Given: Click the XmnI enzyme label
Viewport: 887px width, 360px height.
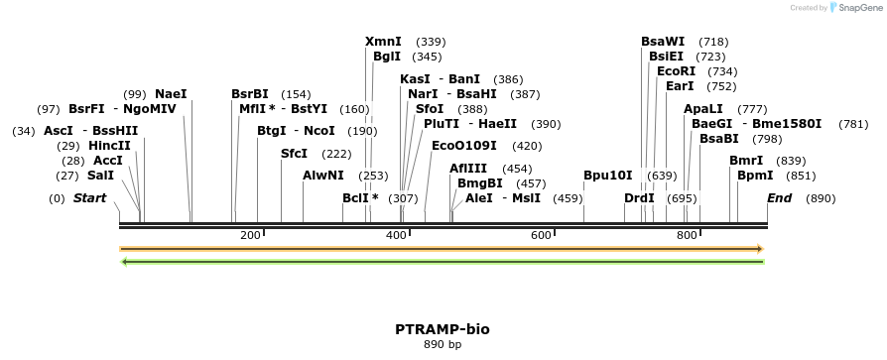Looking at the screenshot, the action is pyautogui.click(x=383, y=42).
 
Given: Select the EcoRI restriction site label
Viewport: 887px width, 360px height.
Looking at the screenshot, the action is pyautogui.click(x=676, y=71).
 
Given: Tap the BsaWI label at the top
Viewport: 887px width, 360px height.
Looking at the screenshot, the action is pyautogui.click(x=663, y=42).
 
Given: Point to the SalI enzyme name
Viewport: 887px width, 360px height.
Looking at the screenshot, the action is pyautogui.click(x=100, y=176).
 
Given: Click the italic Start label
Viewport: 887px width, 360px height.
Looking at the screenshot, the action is pyautogui.click(x=89, y=198).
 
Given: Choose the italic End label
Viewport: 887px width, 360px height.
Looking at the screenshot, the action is pyautogui.click(x=780, y=198).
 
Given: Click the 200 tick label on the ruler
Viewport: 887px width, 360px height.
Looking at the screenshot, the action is pyautogui.click(x=250, y=235).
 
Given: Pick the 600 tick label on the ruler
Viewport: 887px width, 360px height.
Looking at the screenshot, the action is pyautogui.click(x=541, y=235).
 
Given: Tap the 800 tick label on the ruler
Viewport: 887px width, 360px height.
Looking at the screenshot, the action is pyautogui.click(x=687, y=235).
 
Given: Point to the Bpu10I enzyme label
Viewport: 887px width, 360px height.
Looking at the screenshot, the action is pyautogui.click(x=607, y=176).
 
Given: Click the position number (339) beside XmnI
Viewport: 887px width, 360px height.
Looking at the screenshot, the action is pyautogui.click(x=431, y=42).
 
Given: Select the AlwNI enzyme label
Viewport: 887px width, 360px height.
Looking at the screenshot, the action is pyautogui.click(x=323, y=176).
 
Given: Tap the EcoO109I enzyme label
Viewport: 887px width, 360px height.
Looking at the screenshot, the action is pyautogui.click(x=464, y=146).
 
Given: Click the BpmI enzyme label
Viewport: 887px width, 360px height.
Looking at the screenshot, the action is pyautogui.click(x=755, y=176).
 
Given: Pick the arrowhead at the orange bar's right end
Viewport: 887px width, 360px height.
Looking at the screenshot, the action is pyautogui.click(x=760, y=249).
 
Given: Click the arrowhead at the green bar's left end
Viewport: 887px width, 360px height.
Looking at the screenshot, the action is pyautogui.click(x=123, y=263).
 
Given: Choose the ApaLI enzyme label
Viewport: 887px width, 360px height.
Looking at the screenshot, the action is pyautogui.click(x=703, y=109).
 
